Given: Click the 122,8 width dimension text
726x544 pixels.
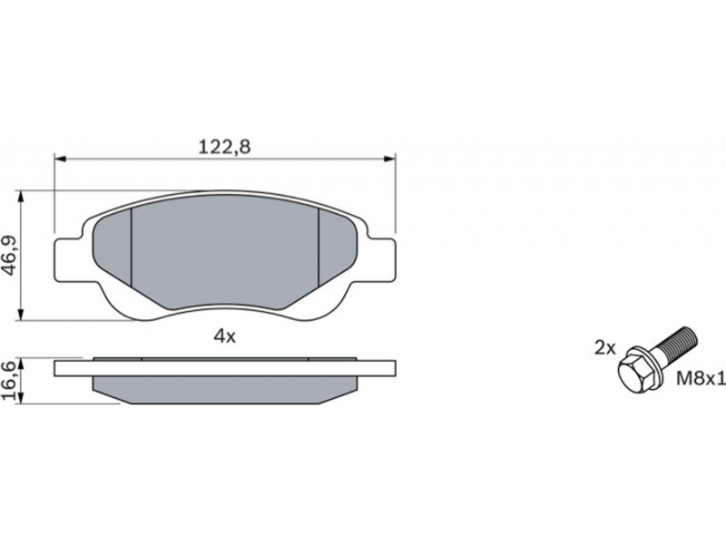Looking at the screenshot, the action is [224, 147].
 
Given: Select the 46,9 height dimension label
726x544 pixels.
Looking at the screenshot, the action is [9, 256].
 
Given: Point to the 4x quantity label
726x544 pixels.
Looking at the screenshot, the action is [224, 336].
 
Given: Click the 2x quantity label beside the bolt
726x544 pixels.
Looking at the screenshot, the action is [605, 348].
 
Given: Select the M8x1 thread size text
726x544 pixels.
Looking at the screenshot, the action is [701, 379].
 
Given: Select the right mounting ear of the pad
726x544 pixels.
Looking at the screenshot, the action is [382, 259].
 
